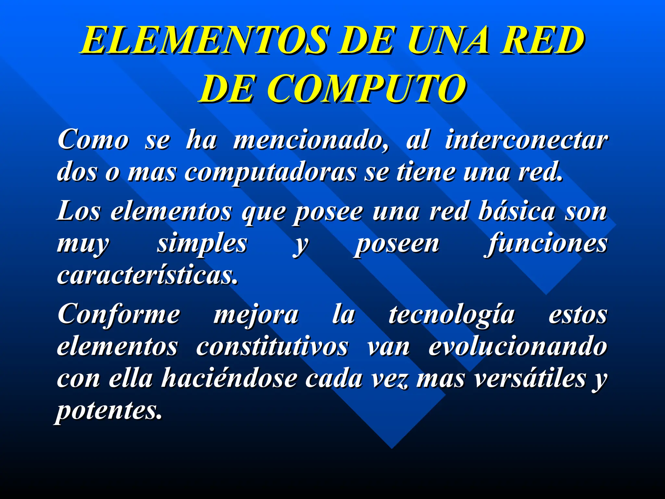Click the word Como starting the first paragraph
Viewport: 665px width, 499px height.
coord(93,140)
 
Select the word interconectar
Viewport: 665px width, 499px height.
coord(526,140)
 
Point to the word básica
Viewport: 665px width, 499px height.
coord(516,211)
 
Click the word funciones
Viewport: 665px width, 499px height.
coord(546,244)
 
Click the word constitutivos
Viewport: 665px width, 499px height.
coord(272,347)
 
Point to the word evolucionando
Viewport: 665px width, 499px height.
coord(518,347)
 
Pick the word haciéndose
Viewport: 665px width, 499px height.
coord(229,378)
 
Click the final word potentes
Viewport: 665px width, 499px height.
coord(109,411)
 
